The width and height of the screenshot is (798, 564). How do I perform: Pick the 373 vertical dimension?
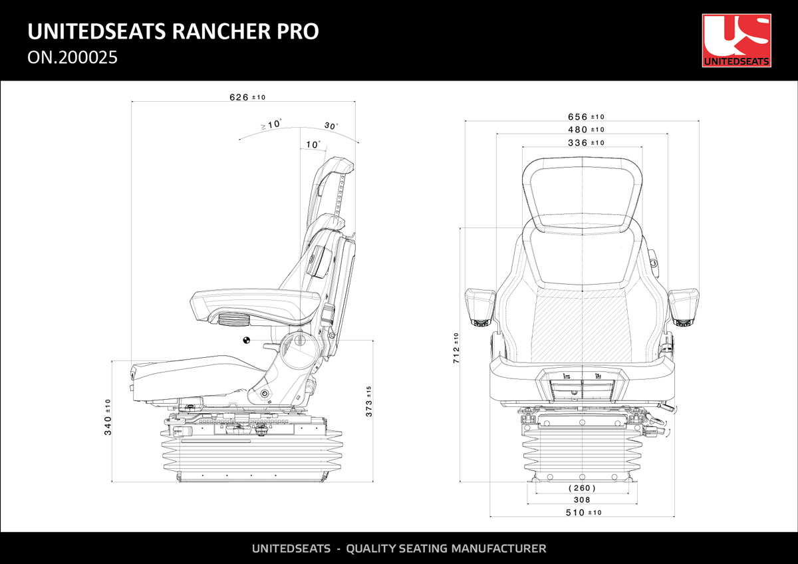(x=369, y=401)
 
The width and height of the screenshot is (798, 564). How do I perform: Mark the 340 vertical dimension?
(x=108, y=417)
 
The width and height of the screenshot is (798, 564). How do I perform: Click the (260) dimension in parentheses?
(x=581, y=488)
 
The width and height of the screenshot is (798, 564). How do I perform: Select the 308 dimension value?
(x=581, y=500)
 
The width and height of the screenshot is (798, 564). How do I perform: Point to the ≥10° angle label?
(x=271, y=124)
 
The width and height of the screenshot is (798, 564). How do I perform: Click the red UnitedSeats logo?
(x=736, y=40)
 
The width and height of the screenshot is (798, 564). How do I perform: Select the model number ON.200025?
(x=72, y=58)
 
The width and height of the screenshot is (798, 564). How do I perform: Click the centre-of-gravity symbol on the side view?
(x=247, y=341)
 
